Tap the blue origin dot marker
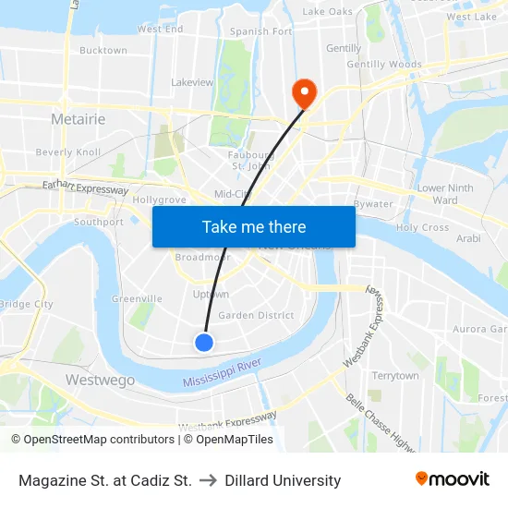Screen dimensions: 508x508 coord(204,343)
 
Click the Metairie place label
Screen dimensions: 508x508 coord(78,119)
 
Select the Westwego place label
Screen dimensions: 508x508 coord(100,380)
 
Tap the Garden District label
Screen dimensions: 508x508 coord(256,315)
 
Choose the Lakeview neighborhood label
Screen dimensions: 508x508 coord(192,82)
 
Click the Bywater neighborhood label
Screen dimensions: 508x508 coord(373,204)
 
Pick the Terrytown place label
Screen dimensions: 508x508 coord(394,376)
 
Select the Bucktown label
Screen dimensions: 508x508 coord(103,50)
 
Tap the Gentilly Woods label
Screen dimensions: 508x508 coord(384,65)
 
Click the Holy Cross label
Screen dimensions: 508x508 coord(422,227)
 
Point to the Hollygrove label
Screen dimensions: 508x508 coord(160,200)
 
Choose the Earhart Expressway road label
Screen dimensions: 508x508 coord(86,187)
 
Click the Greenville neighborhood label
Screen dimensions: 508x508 coord(137,298)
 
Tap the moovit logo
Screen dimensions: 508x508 coord(452,479)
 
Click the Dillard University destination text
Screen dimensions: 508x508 coord(283,480)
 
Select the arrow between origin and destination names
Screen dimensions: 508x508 coord(208,480)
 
